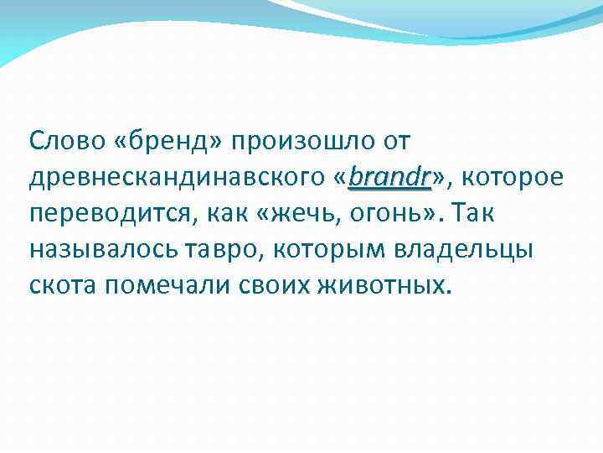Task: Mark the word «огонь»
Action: pyautogui.click(x=386, y=214)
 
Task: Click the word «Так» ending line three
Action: pyautogui.click(x=472, y=214)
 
